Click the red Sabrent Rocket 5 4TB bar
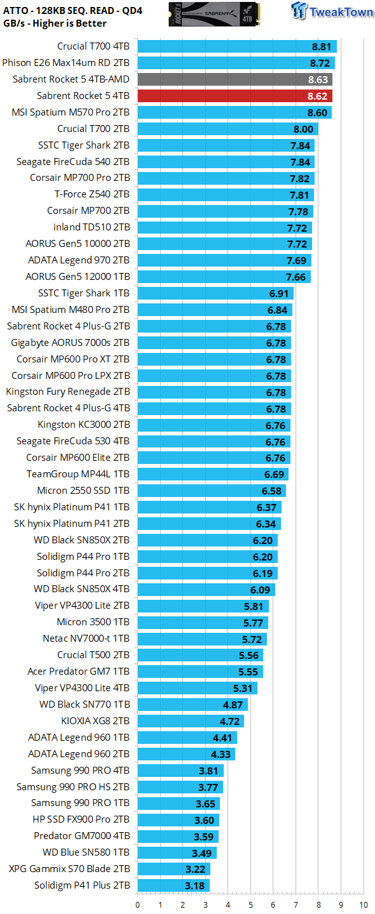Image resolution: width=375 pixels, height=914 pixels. (x=235, y=96)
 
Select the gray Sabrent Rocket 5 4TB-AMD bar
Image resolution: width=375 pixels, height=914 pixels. (x=235, y=79)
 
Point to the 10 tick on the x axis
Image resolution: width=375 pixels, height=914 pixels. (x=363, y=904)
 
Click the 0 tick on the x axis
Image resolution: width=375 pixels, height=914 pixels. (x=138, y=904)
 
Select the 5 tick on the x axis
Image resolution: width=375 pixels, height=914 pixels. (x=250, y=904)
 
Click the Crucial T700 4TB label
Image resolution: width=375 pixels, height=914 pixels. (x=93, y=46)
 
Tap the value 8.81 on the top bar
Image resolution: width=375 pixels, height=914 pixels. (x=322, y=46)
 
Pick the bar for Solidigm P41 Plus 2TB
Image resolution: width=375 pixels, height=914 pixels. (x=174, y=885)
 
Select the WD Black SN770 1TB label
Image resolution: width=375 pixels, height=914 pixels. (x=85, y=704)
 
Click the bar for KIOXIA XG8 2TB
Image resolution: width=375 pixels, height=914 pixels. (x=191, y=720)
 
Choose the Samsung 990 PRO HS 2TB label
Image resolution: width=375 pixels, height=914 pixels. (x=72, y=786)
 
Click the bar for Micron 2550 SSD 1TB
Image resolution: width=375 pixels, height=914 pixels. (x=212, y=491)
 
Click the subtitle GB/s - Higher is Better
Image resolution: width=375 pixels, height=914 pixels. (x=55, y=23)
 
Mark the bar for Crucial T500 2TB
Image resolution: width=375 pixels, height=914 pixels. (x=200, y=654)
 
